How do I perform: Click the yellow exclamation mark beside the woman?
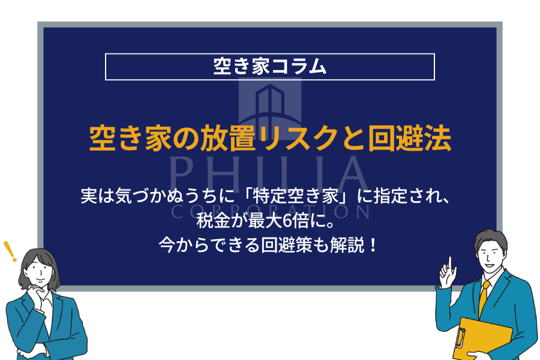click(10, 251)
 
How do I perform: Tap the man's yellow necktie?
click(484, 298)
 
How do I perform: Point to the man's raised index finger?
click(450, 263)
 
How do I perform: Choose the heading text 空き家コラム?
click(269, 66)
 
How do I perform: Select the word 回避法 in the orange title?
click(409, 139)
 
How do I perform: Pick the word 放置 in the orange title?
click(227, 139)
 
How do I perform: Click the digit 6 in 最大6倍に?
click(286, 221)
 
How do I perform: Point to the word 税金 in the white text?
click(213, 221)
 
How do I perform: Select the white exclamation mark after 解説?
click(373, 245)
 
